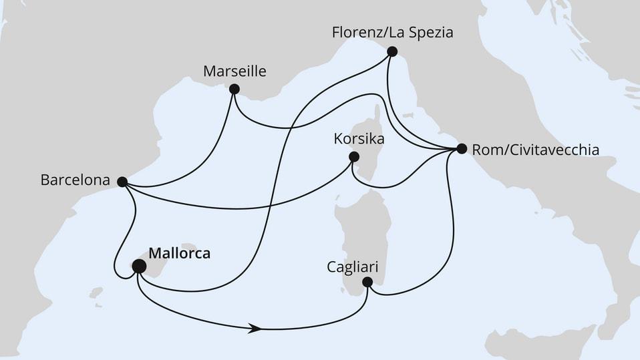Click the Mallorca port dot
(139, 266)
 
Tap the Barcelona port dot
(122, 181)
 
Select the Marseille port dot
(234, 89)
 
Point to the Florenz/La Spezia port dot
(392, 51)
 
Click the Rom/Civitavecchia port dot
(461, 150)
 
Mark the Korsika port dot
(354, 158)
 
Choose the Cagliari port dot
(367, 282)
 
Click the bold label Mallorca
(180, 254)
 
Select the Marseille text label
(236, 71)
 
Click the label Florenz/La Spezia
(392, 32)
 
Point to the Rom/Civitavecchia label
(534, 150)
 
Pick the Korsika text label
(359, 140)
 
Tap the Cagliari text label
(353, 267)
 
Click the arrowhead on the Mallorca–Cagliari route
(254, 328)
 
